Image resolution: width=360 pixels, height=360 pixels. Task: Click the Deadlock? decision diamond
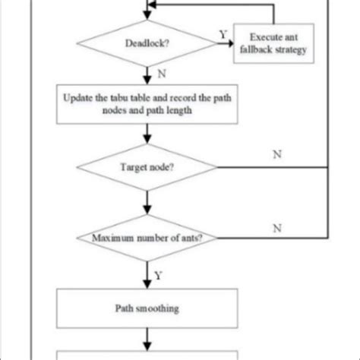pyautogui.click(x=147, y=43)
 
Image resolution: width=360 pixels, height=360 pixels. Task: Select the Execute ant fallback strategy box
pyautogui.click(x=273, y=43)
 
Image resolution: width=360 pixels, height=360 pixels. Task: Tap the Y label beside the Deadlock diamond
pyautogui.click(x=223, y=34)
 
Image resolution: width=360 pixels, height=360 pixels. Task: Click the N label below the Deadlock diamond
pyautogui.click(x=162, y=74)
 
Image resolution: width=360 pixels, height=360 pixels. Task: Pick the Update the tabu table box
pyautogui.click(x=147, y=104)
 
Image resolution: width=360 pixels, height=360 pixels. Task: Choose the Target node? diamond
pyautogui.click(x=147, y=167)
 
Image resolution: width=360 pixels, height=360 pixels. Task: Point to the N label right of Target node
pyautogui.click(x=277, y=154)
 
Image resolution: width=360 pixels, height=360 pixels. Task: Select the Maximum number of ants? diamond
pyautogui.click(x=147, y=238)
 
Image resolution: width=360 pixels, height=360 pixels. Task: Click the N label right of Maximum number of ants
pyautogui.click(x=277, y=228)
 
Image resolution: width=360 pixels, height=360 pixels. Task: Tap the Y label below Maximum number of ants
pyautogui.click(x=158, y=275)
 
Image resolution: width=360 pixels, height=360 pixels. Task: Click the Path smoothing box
pyautogui.click(x=147, y=308)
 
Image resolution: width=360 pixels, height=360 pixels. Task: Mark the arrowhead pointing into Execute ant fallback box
pyautogui.click(x=230, y=43)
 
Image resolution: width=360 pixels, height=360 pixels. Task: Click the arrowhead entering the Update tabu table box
pyautogui.click(x=147, y=81)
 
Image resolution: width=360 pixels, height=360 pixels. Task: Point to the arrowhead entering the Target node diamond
pyautogui.click(x=147, y=140)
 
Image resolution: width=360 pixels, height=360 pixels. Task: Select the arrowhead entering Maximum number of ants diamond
pyautogui.click(x=147, y=210)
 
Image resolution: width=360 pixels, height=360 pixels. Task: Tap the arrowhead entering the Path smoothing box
pyautogui.click(x=147, y=285)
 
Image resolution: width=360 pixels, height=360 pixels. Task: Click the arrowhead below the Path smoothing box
pyautogui.click(x=147, y=346)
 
